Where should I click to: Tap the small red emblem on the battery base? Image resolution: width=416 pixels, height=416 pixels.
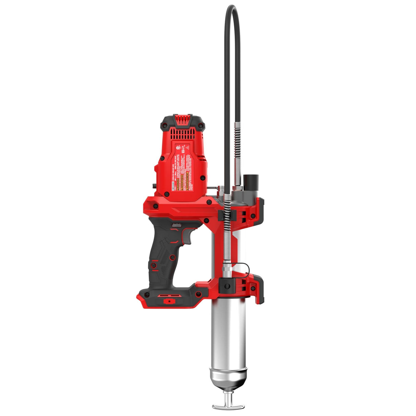169,301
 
